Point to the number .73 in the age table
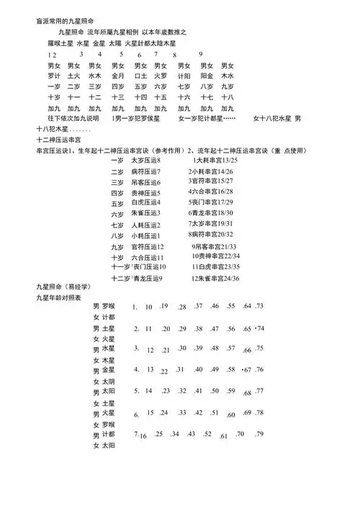[259, 306]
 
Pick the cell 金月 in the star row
[119, 75]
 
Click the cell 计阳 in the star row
[184, 75]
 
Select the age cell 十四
[140, 96]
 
